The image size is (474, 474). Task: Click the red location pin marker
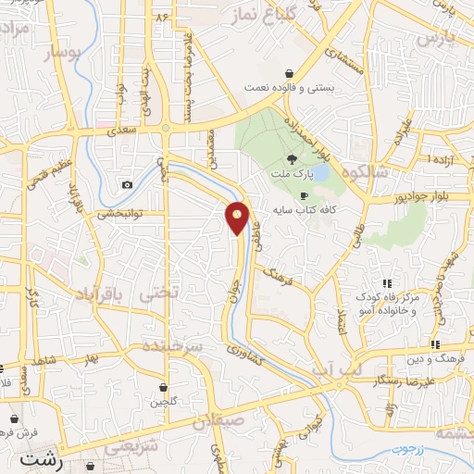(238, 218)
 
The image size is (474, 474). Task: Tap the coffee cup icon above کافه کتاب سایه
(304, 196)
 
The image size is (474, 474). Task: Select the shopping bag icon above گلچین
(164, 388)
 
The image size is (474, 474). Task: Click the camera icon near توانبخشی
(127, 185)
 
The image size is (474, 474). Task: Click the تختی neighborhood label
(155, 294)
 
